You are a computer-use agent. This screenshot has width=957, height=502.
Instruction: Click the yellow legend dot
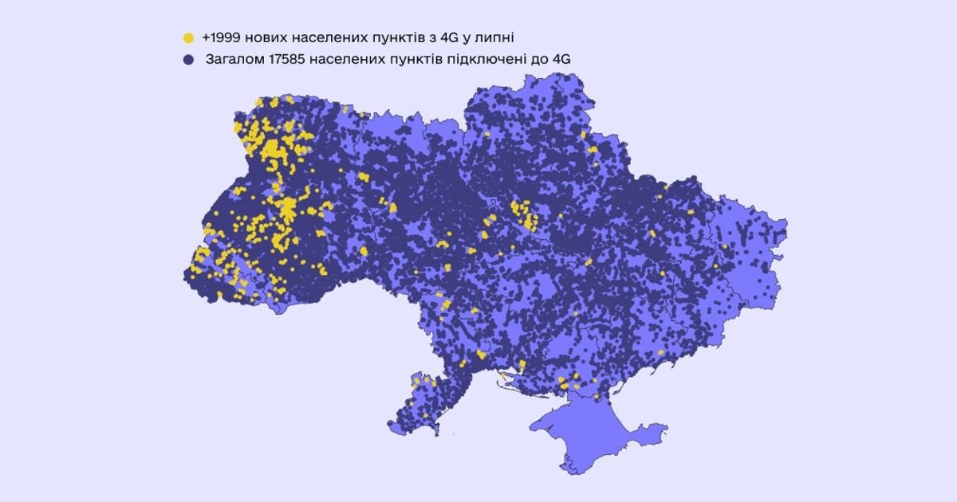click(188, 37)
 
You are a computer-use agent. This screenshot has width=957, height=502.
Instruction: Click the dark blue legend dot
click(188, 59)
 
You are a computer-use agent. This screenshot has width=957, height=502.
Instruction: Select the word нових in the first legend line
click(267, 37)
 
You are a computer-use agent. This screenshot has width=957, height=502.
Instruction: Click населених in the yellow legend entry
click(327, 37)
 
